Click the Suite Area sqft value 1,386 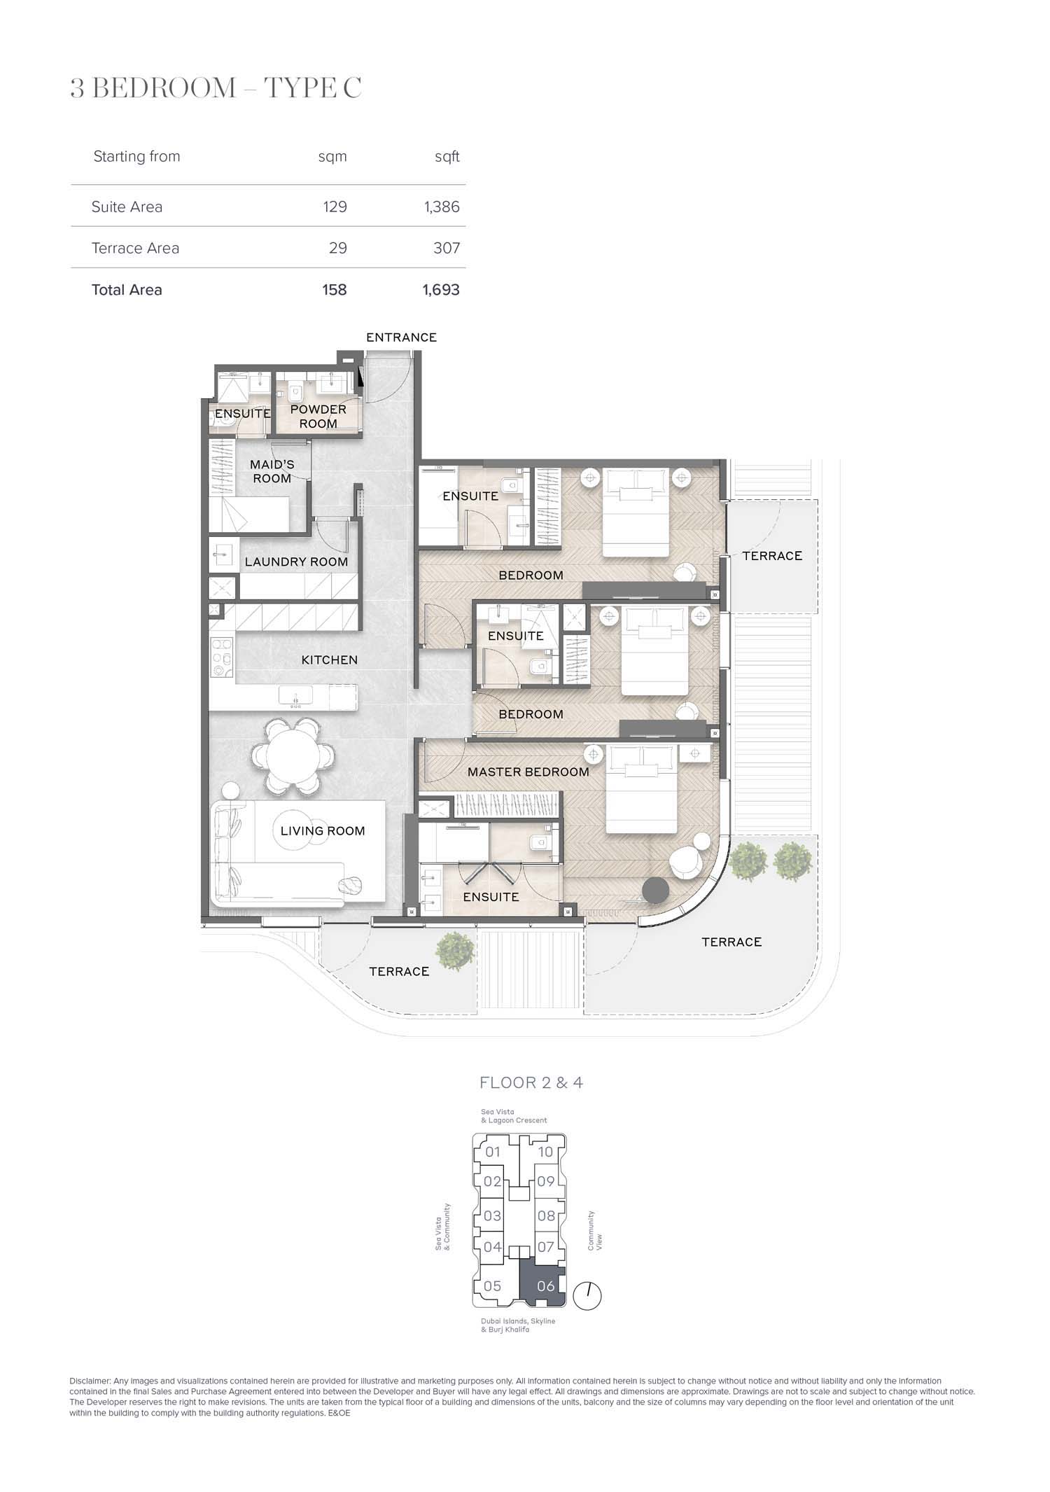[x=442, y=207]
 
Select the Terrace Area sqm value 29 [x=338, y=248]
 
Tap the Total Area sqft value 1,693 [x=441, y=290]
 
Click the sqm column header [x=332, y=157]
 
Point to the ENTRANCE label [x=401, y=337]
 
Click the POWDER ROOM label [x=318, y=417]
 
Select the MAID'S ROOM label [x=272, y=471]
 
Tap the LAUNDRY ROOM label [x=296, y=562]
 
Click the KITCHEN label [x=330, y=660]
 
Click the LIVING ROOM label [x=323, y=831]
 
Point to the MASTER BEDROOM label [x=528, y=772]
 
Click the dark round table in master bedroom [x=656, y=891]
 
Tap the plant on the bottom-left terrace [x=455, y=951]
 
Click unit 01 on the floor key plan [x=493, y=1152]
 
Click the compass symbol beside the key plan [x=587, y=1296]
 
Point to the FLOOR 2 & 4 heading [x=531, y=1082]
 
